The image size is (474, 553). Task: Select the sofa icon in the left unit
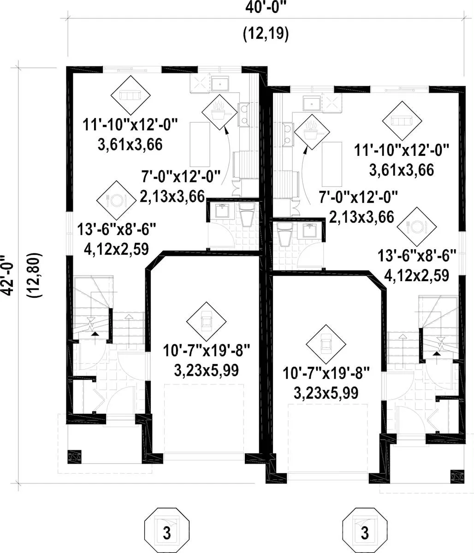pyautogui.click(x=130, y=95)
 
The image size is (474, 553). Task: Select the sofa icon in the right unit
pyautogui.click(x=402, y=121)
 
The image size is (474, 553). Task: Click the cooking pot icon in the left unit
pyautogui.click(x=220, y=112)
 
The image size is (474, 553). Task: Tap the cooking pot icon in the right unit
pyautogui.click(x=312, y=132)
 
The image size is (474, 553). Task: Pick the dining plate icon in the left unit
pyautogui.click(x=116, y=200)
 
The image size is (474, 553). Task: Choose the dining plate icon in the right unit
pyautogui.click(x=417, y=227)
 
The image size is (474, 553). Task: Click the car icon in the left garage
pyautogui.click(x=207, y=322)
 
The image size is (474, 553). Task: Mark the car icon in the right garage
pyautogui.click(x=326, y=344)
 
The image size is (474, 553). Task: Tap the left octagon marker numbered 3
pyautogui.click(x=167, y=527)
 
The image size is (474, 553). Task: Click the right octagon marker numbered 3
pyautogui.click(x=365, y=527)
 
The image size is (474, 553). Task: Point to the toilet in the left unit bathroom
pyautogui.click(x=247, y=214)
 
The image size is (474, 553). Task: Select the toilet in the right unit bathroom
pyautogui.click(x=285, y=234)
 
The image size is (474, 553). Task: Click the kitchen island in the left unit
pyautogui.click(x=200, y=144)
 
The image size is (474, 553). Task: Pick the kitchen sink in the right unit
pyautogui.click(x=312, y=104)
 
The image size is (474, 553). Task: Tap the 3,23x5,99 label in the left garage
pyautogui.click(x=207, y=371)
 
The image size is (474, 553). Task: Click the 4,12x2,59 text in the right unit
pyautogui.click(x=417, y=275)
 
